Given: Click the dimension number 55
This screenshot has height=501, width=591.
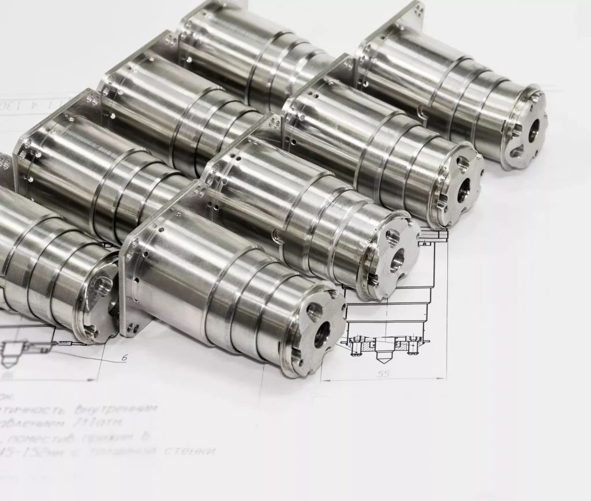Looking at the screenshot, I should point(383,373).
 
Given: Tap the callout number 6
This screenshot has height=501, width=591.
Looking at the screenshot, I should point(124,358).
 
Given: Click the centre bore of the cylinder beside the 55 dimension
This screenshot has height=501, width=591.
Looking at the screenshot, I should point(321,333).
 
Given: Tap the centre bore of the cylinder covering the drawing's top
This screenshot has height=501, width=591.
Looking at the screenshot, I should point(397,261).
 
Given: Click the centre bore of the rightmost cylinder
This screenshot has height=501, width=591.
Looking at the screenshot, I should point(533,131).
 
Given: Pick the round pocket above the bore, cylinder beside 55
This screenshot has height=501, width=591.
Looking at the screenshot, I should point(315,312).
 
